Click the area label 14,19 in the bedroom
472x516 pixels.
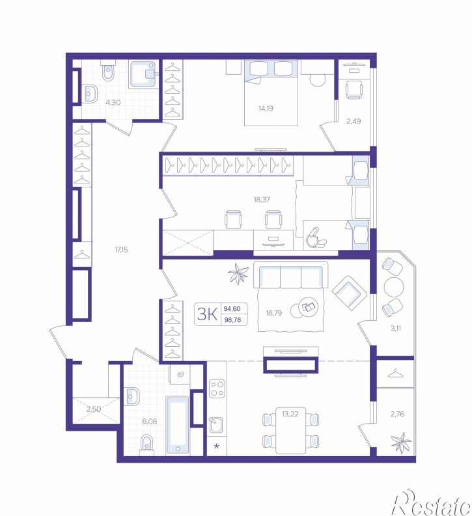click(x=266, y=108)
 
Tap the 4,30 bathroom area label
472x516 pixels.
click(x=113, y=102)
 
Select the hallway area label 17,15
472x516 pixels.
click(x=121, y=250)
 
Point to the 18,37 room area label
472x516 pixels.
click(x=262, y=199)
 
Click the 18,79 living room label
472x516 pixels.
click(x=274, y=313)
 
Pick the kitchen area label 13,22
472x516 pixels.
click(x=290, y=414)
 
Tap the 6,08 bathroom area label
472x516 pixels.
click(x=150, y=421)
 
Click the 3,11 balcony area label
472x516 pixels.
click(x=396, y=328)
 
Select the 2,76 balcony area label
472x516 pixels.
click(x=397, y=414)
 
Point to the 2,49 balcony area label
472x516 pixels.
click(x=354, y=121)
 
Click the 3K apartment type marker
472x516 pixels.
click(x=207, y=314)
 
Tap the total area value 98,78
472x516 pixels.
click(x=232, y=319)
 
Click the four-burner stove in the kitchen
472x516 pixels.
click(x=217, y=388)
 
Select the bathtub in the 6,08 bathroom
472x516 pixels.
click(x=178, y=425)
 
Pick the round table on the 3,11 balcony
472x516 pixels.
click(x=393, y=287)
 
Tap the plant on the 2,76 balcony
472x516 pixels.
click(x=400, y=442)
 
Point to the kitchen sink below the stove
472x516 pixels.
click(x=216, y=424)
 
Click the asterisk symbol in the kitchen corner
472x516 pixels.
click(x=216, y=446)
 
